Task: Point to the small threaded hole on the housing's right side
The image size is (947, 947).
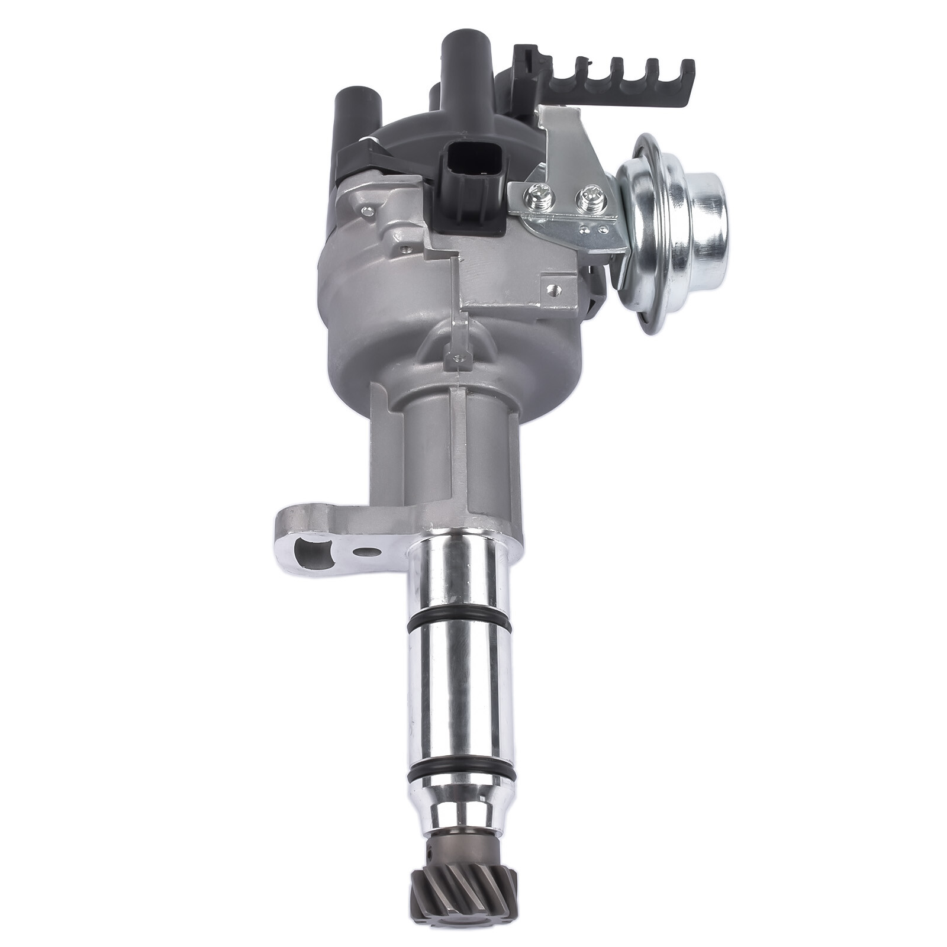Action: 553,291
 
